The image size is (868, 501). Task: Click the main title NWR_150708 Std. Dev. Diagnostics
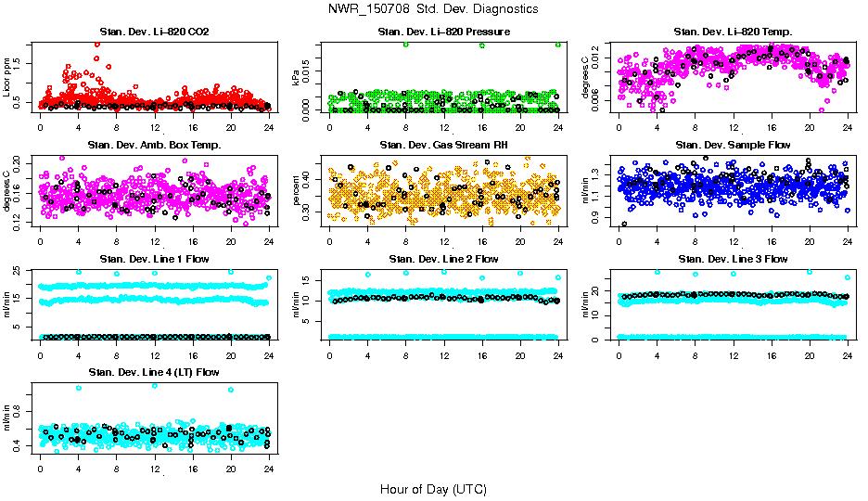433,9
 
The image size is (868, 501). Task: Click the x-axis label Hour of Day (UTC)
433,489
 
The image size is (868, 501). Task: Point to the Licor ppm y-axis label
7,77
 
